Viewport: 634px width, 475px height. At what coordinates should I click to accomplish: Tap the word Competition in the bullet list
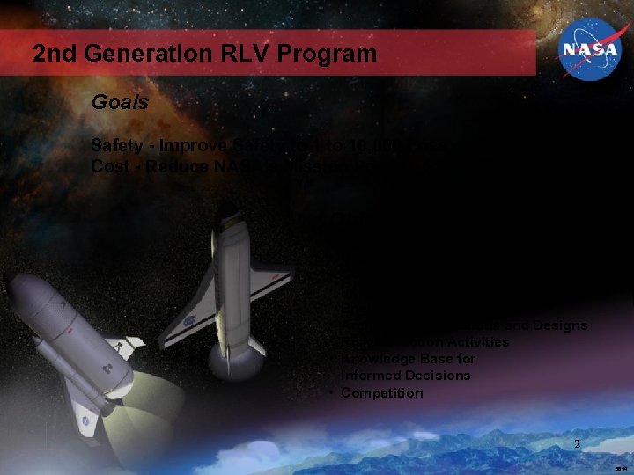point(381,393)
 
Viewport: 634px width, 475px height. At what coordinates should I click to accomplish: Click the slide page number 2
point(577,444)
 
